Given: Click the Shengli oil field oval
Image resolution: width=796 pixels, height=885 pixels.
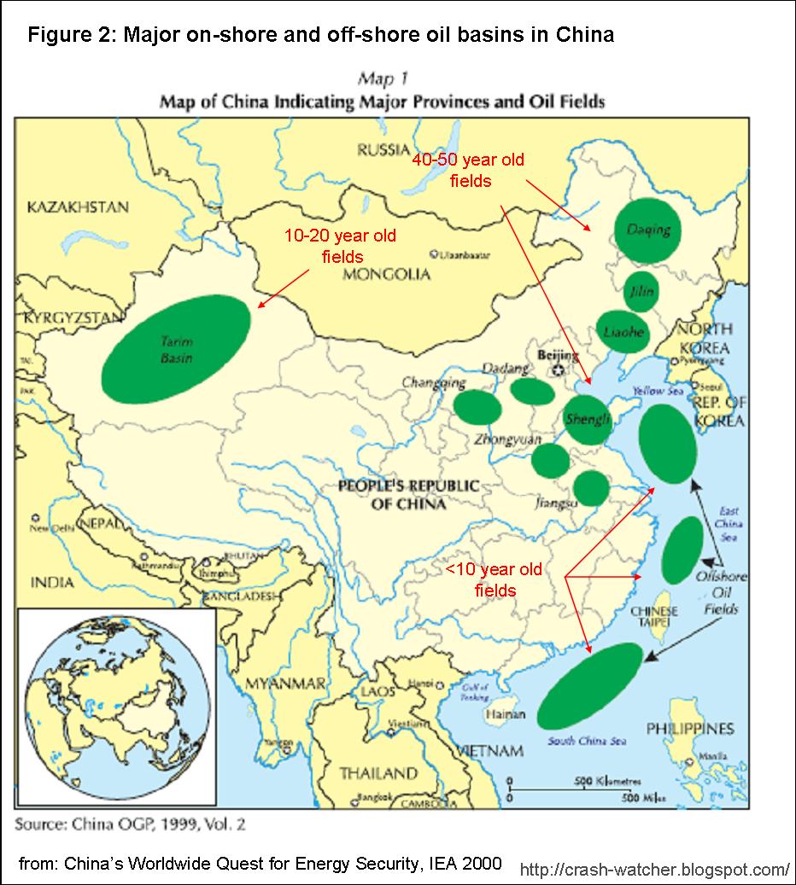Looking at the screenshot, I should coord(588,419).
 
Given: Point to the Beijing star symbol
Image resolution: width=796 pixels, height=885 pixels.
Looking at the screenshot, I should coord(559,370).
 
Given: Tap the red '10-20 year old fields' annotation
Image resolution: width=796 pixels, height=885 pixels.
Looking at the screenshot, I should coord(340,245).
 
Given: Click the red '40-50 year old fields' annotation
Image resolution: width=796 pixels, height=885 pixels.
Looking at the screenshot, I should coord(468,170).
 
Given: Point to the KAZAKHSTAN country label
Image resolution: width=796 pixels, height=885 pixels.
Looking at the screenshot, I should coord(78,207).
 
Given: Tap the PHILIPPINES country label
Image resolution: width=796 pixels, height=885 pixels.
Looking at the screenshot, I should coord(690,729).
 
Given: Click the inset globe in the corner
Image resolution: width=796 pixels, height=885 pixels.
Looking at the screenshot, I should coord(116,706).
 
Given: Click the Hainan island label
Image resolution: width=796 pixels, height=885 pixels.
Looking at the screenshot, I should coord(499,715).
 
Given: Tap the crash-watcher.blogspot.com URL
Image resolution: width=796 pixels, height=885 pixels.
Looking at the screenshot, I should coord(654,870).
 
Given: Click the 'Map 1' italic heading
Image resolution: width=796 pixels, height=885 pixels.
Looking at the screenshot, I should coord(382,80).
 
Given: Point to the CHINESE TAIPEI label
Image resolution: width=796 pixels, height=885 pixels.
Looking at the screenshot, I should coord(654,617).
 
